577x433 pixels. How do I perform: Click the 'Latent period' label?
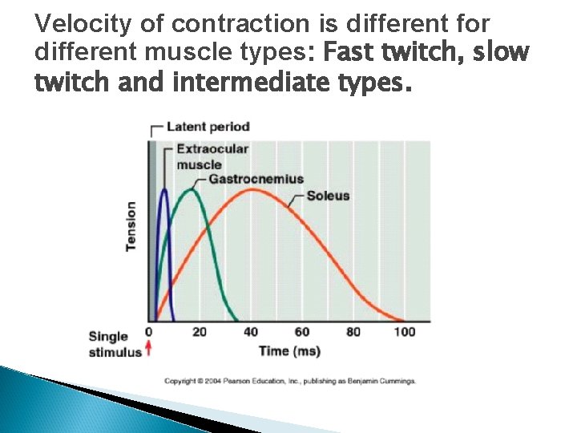pos(208,127)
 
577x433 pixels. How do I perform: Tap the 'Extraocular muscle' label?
pos(212,157)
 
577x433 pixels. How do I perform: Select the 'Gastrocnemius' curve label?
pos(256,178)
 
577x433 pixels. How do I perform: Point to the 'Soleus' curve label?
pos(328,195)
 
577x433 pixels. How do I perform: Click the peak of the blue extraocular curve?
pos(164,189)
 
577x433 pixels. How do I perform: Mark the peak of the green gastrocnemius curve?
pos(192,189)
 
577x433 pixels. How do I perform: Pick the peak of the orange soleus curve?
pos(252,190)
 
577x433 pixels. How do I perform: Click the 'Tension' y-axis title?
pos(131,225)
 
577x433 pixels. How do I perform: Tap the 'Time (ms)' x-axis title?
pos(289,350)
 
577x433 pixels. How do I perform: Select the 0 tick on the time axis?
pos(148,332)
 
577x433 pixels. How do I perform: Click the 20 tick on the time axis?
pos(199,332)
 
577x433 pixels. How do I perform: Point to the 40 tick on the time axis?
pos(250,332)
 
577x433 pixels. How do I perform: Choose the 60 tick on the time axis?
pos(301,332)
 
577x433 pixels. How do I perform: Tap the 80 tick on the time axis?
pos(353,332)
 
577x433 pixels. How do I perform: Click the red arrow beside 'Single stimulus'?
pos(148,350)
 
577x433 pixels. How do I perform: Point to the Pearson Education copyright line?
pos(290,381)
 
